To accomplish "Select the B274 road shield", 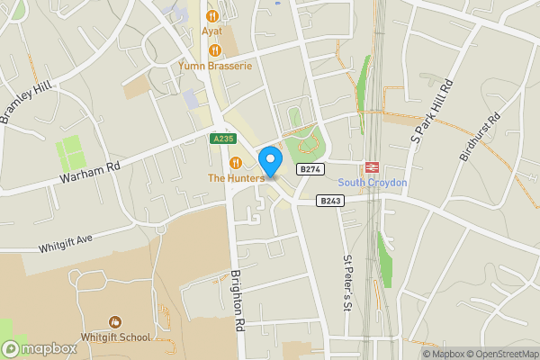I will click(x=310, y=169).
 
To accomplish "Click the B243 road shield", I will click(x=330, y=202).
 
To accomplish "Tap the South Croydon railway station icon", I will click(x=371, y=168).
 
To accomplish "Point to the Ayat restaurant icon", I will click(x=213, y=15).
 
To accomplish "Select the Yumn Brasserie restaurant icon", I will click(x=213, y=49).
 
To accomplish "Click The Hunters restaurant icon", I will click(x=236, y=163).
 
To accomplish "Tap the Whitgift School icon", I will click(x=115, y=322).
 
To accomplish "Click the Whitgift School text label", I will click(x=115, y=337).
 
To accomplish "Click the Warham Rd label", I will click(x=90, y=168).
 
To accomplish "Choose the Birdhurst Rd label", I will click(x=480, y=137).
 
